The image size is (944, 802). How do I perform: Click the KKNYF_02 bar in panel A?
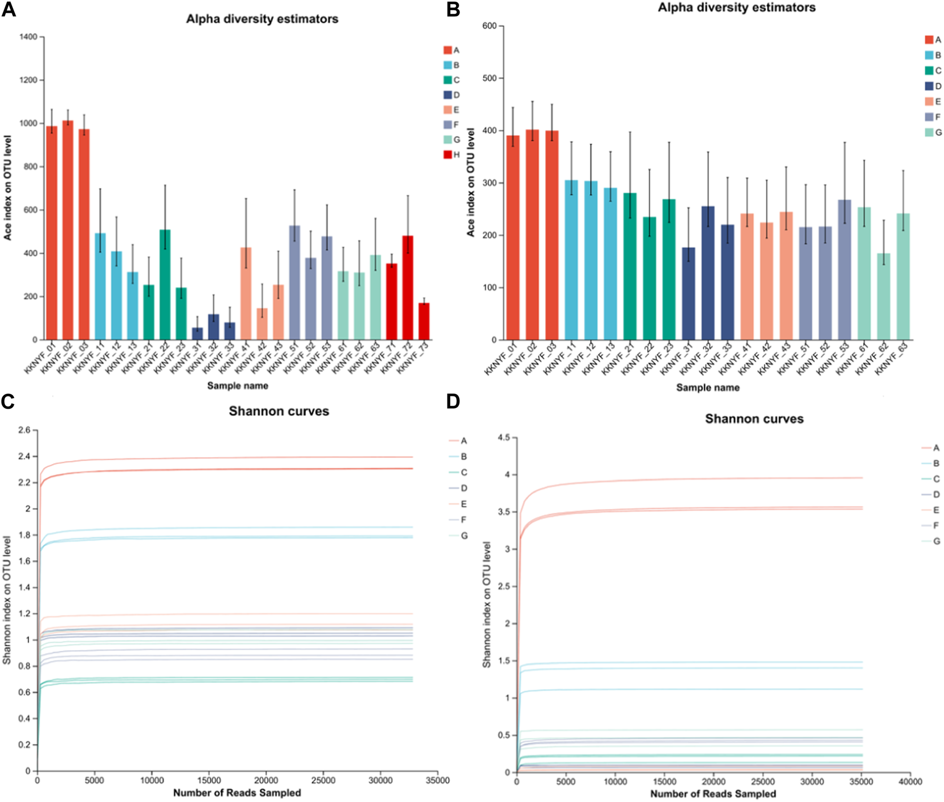(x=68, y=229)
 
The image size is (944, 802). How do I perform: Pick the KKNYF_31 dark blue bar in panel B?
(x=688, y=293)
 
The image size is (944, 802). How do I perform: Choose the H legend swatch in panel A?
(x=447, y=155)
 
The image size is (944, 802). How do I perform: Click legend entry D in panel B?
(x=929, y=86)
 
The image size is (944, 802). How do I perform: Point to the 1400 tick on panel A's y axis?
(x=29, y=37)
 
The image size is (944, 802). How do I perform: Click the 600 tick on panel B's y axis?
(x=489, y=26)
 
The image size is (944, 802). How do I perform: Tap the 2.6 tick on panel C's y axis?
(x=25, y=430)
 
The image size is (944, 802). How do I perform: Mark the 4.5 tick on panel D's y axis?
(x=503, y=438)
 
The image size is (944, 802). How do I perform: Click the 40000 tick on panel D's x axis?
(x=910, y=782)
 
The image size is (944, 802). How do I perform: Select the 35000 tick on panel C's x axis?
(x=437, y=781)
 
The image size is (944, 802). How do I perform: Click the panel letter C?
(x=8, y=401)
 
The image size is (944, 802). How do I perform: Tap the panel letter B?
(x=453, y=10)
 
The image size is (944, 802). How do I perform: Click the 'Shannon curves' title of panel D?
(x=754, y=419)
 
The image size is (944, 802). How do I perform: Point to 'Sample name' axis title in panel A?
(x=238, y=385)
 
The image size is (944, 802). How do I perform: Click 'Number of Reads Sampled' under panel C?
(x=237, y=793)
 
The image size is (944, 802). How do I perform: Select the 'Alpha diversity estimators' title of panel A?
(x=262, y=19)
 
